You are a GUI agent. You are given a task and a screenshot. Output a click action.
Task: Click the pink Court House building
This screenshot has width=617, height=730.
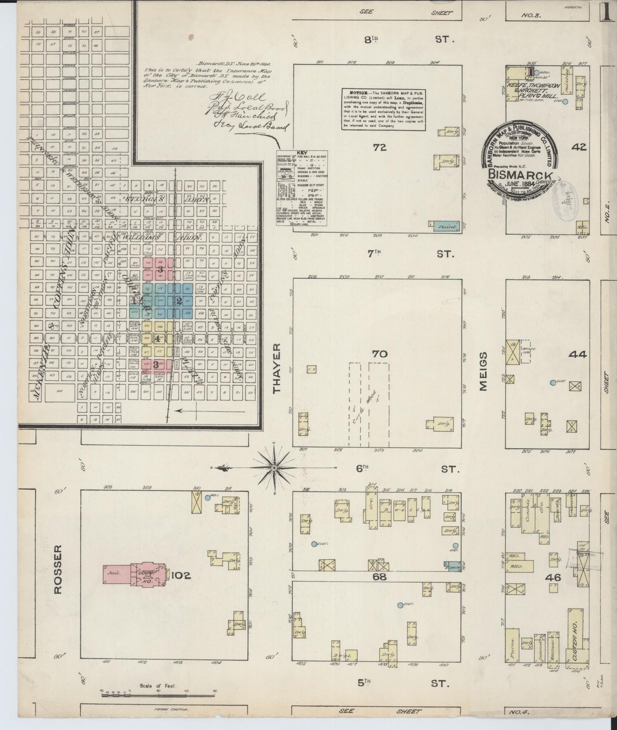click(x=147, y=575)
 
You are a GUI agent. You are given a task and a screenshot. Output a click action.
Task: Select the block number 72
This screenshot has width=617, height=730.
click(x=379, y=147)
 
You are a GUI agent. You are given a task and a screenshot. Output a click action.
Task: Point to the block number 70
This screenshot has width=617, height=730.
click(x=379, y=354)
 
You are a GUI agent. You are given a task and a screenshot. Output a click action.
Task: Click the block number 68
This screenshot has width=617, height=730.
click(x=379, y=577)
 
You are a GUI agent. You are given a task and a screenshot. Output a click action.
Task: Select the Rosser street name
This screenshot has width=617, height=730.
click(x=58, y=569)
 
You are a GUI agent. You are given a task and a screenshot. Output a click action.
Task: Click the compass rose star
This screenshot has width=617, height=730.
click(x=274, y=468)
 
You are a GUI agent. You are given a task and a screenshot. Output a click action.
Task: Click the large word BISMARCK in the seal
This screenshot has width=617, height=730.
click(x=521, y=175)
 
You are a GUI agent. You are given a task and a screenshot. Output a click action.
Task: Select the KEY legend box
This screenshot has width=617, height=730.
click(x=301, y=188)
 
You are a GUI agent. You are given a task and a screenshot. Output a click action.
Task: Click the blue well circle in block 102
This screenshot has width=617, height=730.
click(x=208, y=498)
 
